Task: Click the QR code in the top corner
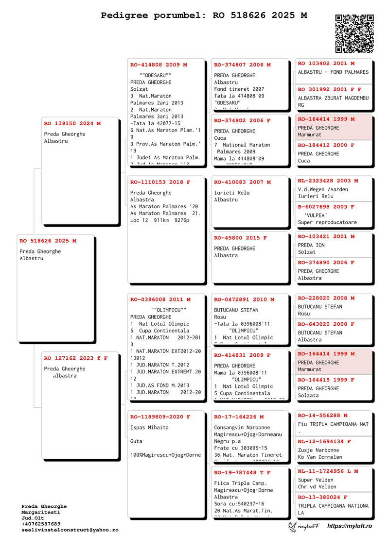point(354,33)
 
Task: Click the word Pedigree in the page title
point(124,16)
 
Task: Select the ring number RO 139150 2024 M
point(72,124)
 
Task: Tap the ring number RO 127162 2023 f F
point(76,358)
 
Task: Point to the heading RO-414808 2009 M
point(159,65)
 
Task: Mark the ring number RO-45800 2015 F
point(241,238)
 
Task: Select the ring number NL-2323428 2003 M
point(328,181)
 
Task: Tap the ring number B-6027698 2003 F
point(326,207)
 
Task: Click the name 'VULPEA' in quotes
point(316,215)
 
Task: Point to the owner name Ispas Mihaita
point(150,428)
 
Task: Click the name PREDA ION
point(311,245)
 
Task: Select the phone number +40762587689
point(41,524)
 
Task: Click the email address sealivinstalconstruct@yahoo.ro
point(70,530)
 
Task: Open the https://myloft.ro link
point(350,526)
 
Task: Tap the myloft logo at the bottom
point(304,526)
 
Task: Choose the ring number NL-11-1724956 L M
point(328,471)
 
